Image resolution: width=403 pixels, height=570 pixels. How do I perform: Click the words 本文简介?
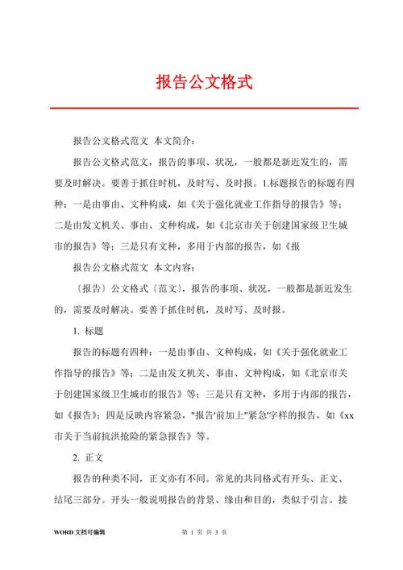tap(177, 138)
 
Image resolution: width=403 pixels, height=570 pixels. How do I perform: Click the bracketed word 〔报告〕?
tap(89, 287)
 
